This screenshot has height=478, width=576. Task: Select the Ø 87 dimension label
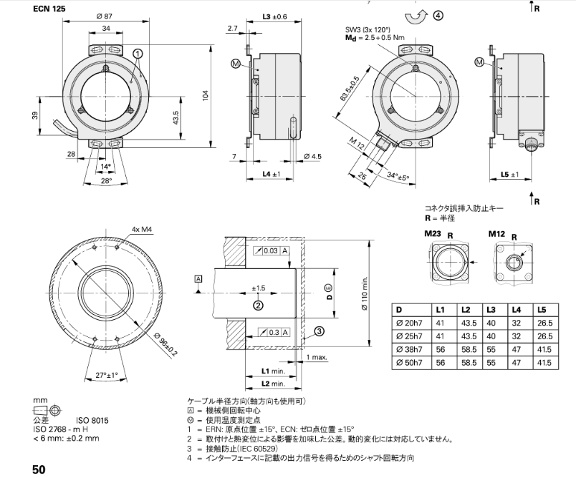click(105, 16)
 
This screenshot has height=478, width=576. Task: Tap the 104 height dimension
click(205, 96)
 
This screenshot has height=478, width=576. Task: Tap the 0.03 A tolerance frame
click(273, 250)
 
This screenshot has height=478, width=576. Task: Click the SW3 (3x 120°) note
click(368, 30)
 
